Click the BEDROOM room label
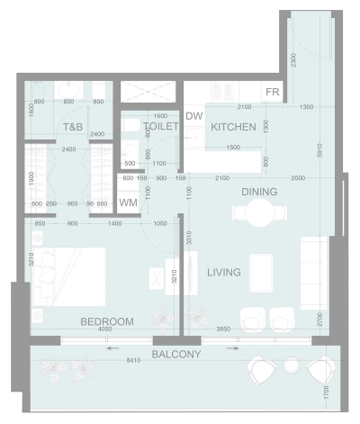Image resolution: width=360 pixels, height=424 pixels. [x=107, y=321]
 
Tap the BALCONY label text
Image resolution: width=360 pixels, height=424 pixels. [x=176, y=355]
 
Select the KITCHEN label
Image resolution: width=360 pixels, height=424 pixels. [x=234, y=127]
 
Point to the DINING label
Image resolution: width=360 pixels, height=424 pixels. [x=258, y=192]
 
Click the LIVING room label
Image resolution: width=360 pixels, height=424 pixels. [x=223, y=272]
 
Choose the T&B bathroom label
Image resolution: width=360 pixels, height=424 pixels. [x=73, y=128]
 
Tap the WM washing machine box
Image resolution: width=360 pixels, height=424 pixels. [x=129, y=203]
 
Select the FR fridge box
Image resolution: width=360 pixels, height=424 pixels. [x=273, y=93]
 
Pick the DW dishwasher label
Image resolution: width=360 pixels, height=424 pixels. [x=193, y=116]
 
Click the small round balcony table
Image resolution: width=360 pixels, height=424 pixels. [x=291, y=365]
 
